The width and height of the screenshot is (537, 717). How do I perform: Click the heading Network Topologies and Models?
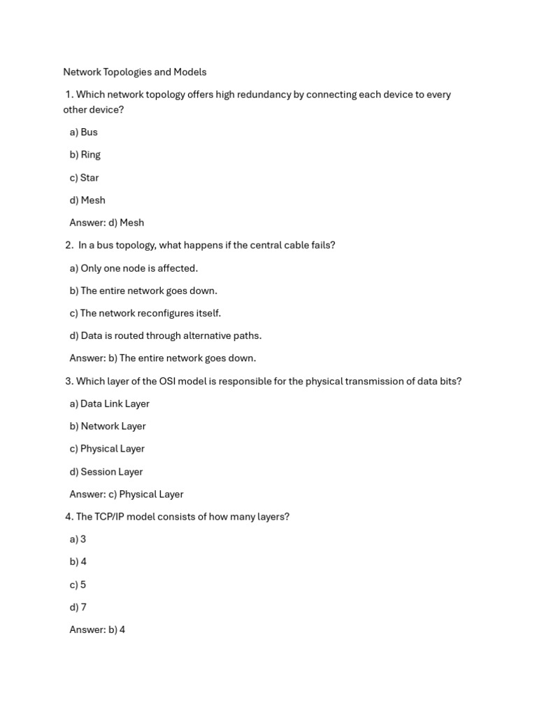tap(134, 72)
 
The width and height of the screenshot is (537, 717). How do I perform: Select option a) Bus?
tap(83, 132)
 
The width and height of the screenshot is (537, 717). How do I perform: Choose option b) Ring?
tap(85, 155)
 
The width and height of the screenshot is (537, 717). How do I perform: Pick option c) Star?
tap(84, 178)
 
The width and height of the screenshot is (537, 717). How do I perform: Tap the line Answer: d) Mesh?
tap(106, 223)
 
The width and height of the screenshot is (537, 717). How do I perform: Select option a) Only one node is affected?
tap(134, 268)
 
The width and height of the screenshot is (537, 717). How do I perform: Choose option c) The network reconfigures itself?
tap(145, 313)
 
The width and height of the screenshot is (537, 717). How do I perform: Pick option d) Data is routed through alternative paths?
tap(165, 336)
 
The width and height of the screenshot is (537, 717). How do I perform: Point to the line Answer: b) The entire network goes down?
tap(162, 358)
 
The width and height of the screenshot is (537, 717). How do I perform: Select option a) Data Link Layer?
tap(109, 404)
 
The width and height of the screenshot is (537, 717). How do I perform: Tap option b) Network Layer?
tap(107, 426)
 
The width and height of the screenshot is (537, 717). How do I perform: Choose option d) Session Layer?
tap(106, 472)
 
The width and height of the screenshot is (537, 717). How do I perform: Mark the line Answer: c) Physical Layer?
tap(126, 494)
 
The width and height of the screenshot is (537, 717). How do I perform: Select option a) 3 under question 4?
tap(78, 539)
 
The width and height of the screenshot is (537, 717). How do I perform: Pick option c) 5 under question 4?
tap(78, 585)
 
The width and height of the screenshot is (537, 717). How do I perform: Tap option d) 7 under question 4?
tap(78, 607)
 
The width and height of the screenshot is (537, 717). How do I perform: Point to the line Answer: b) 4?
tap(97, 630)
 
